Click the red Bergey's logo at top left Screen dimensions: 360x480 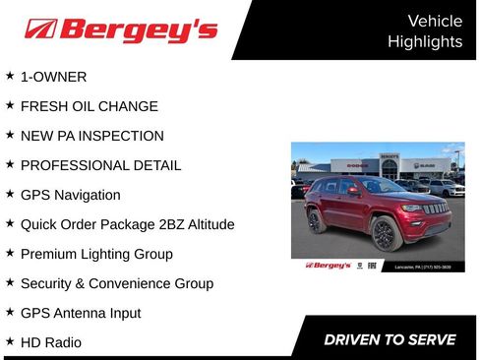pos(120,30)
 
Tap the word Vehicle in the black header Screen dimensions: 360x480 pos(434,21)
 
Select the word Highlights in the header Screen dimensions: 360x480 pos(424,41)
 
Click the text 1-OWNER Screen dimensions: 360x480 pos(53,77)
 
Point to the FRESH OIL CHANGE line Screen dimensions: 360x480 pos(89,106)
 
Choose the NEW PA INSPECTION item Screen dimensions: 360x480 pos(91,136)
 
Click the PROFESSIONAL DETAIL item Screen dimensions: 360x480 pos(100,165)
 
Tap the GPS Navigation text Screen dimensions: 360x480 pos(70,195)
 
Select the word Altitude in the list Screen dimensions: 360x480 pos(207,224)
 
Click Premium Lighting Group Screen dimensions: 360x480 pos(96,254)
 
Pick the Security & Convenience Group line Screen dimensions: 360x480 pos(116,283)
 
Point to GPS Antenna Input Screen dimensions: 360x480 pos(81,313)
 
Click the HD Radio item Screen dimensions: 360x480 pos(50,342)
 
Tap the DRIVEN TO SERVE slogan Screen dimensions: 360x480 pos(390,340)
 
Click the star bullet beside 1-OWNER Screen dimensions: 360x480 pos(10,76)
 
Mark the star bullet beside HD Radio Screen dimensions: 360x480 pos(10,341)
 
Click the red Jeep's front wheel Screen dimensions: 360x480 pos(385,235)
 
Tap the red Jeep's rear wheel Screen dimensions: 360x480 pos(316,220)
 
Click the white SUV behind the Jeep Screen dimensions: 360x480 pos(448,187)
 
